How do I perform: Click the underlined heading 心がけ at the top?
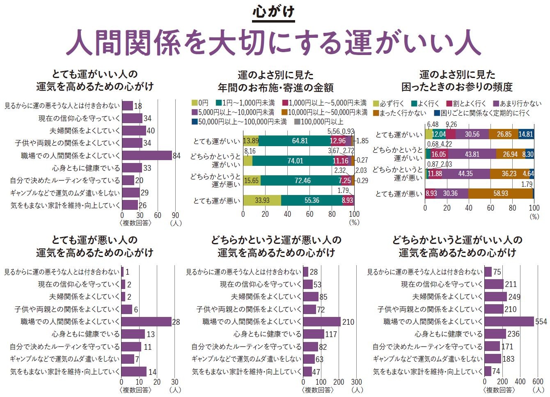pos(274,11)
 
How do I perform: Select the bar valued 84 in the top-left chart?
pos(147,156)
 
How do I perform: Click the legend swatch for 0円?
pos(195,103)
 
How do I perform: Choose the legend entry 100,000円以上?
pos(319,122)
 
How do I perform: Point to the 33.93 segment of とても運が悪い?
pos(262,200)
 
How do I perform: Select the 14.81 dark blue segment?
pos(526,134)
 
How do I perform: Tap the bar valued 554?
pos(509,321)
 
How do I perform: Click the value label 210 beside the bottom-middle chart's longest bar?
pos(348,322)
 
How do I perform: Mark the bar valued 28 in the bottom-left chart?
pos(146,321)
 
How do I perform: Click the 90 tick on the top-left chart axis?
pos(175,215)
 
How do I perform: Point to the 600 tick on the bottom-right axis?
pos(538,381)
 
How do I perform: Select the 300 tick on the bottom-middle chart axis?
pos(357,381)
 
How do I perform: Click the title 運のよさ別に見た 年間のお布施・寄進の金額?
pos(275,81)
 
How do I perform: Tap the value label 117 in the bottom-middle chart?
pos(331,334)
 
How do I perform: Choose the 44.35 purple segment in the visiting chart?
pos(465,174)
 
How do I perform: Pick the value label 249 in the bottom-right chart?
pos(514,297)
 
